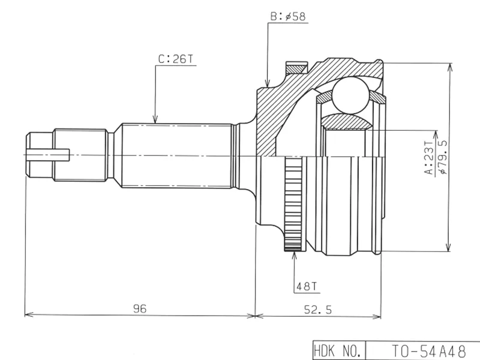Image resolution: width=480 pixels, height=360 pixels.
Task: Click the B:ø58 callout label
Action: [288, 17]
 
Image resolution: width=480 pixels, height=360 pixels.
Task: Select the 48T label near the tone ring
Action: [306, 287]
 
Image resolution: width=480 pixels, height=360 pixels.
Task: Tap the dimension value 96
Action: [140, 308]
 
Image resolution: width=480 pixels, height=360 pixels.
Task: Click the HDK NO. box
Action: [338, 350]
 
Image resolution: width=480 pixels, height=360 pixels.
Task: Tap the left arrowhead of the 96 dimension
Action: [28, 315]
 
